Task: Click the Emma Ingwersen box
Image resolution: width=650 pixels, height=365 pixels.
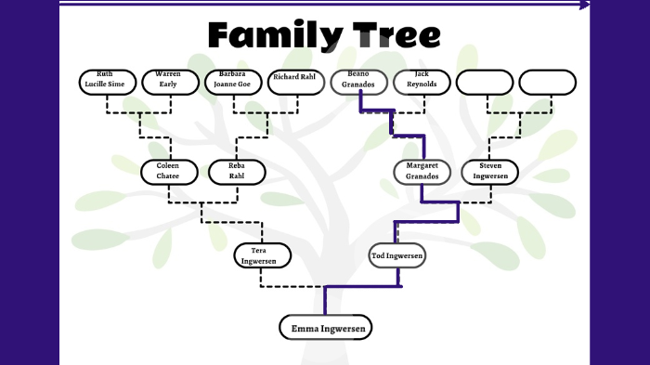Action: (x=325, y=328)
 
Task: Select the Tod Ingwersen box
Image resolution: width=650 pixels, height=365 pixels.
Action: (x=397, y=255)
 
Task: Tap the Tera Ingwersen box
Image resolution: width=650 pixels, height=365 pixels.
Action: (x=263, y=255)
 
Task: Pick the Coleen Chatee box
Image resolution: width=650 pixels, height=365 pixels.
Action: (x=168, y=172)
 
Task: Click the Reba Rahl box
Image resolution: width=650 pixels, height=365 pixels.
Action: (x=236, y=172)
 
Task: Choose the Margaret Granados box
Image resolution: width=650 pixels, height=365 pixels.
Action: (x=422, y=172)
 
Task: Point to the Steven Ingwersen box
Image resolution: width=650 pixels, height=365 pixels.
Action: (x=489, y=172)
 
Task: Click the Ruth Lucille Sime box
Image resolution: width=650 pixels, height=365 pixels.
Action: (x=105, y=82)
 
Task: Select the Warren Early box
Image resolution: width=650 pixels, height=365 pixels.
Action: (x=167, y=82)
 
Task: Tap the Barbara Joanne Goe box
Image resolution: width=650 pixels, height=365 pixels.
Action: (x=232, y=82)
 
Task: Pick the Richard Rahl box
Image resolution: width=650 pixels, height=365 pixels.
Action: (x=295, y=82)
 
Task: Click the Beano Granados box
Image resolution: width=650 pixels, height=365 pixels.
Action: (x=358, y=82)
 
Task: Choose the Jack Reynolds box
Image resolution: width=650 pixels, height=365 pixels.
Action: (x=422, y=82)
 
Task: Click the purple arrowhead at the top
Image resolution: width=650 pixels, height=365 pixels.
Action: (x=585, y=5)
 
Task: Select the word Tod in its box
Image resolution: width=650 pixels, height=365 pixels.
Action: (x=379, y=255)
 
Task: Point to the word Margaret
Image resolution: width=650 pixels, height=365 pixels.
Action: (x=422, y=166)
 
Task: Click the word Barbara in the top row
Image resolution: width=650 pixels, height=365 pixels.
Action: (x=232, y=74)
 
